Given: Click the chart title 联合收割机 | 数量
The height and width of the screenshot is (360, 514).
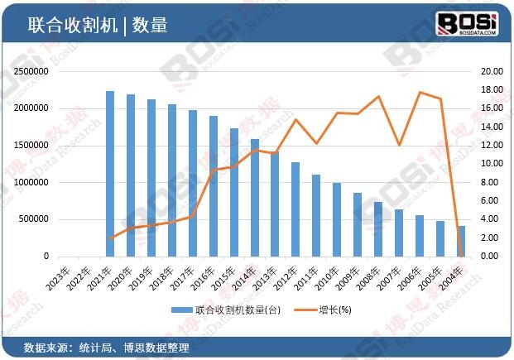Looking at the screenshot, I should coord(98,25).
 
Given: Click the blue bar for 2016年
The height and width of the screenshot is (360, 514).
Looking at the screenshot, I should coord(214,186).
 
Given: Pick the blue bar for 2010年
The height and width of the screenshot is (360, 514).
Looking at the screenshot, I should coord(337,219).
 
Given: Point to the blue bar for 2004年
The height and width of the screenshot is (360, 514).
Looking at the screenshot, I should coord(461,241).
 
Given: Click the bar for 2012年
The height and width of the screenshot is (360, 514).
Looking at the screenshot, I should coord(295,209).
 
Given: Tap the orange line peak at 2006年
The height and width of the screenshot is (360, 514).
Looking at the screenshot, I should coord(420,92).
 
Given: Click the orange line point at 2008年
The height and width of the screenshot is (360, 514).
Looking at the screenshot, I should coord(379,96).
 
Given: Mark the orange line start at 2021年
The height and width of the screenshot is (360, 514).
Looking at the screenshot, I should coord(110,238).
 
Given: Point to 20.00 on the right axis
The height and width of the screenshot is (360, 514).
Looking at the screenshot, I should coord(490,71).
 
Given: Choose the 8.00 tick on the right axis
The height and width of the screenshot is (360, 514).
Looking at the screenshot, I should coord(490,182).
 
